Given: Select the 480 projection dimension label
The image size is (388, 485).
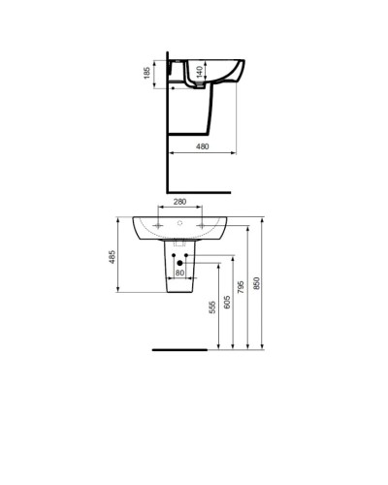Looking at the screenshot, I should tap(203, 146).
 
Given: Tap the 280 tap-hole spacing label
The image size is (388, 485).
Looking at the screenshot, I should tap(179, 201).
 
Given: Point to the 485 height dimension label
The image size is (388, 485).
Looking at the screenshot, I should tap(113, 257).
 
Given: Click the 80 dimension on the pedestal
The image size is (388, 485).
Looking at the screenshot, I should tap(179, 273).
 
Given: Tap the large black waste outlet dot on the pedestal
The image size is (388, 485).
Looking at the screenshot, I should tap(179, 262).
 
